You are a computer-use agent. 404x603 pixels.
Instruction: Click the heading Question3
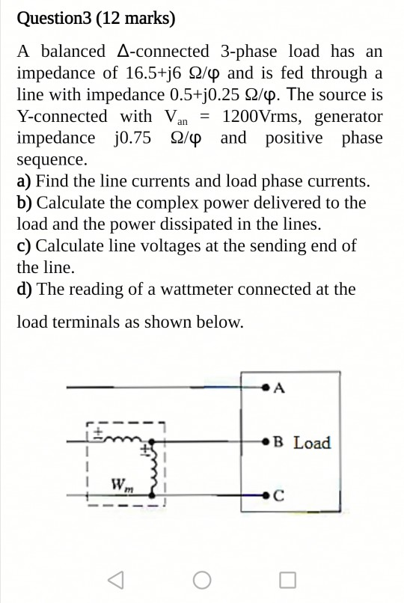pos(56,18)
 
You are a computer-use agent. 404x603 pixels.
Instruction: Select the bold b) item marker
pos(25,203)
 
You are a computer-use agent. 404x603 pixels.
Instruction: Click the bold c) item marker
pos(24,246)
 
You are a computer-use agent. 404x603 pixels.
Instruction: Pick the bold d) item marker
pos(25,290)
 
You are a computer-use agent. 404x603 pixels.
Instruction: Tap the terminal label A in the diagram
pos(281,388)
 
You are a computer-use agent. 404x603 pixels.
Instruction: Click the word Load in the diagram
pos(311,442)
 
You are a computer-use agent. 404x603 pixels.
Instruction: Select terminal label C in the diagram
pos(280,495)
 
